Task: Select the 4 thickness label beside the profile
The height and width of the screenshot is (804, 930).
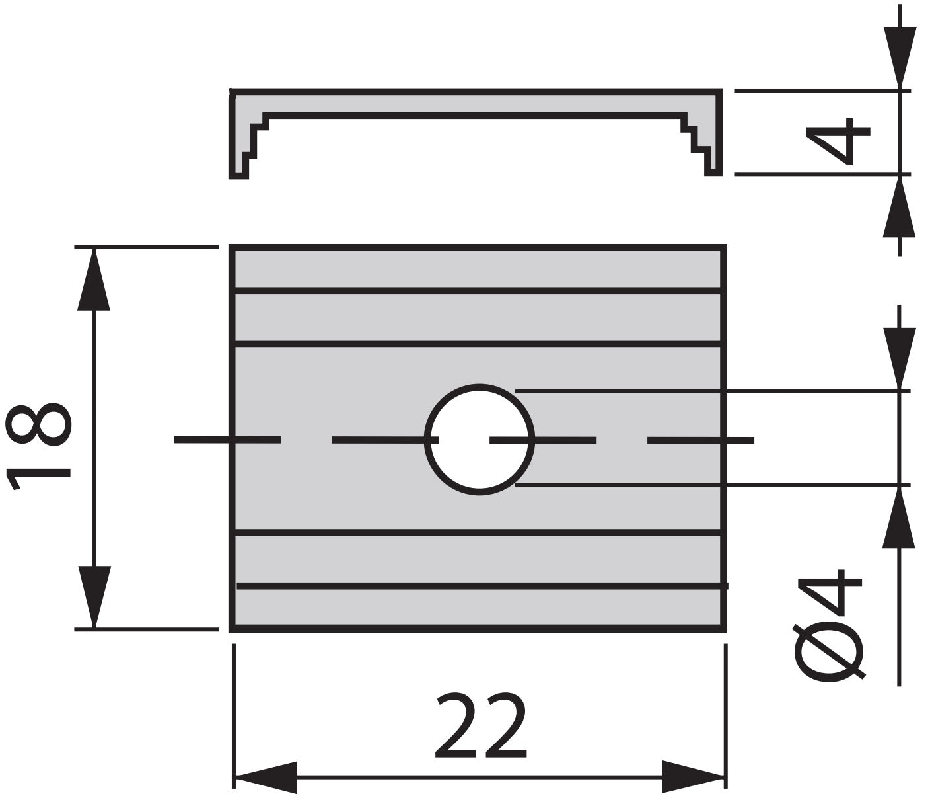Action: click(x=838, y=141)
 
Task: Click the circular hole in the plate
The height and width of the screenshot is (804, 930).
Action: click(x=480, y=439)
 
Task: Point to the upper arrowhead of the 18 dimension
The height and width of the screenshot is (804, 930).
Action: click(x=94, y=279)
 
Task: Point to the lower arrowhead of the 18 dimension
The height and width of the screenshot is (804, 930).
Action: click(x=94, y=597)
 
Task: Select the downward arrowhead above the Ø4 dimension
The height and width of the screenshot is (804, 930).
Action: click(x=900, y=358)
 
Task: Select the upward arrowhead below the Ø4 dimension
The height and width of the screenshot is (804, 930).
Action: click(x=899, y=517)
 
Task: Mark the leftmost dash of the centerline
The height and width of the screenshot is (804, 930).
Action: click(x=227, y=440)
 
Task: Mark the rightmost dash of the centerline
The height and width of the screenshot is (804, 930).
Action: click(x=701, y=440)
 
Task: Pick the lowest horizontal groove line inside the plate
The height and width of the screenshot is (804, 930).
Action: click(x=482, y=586)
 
